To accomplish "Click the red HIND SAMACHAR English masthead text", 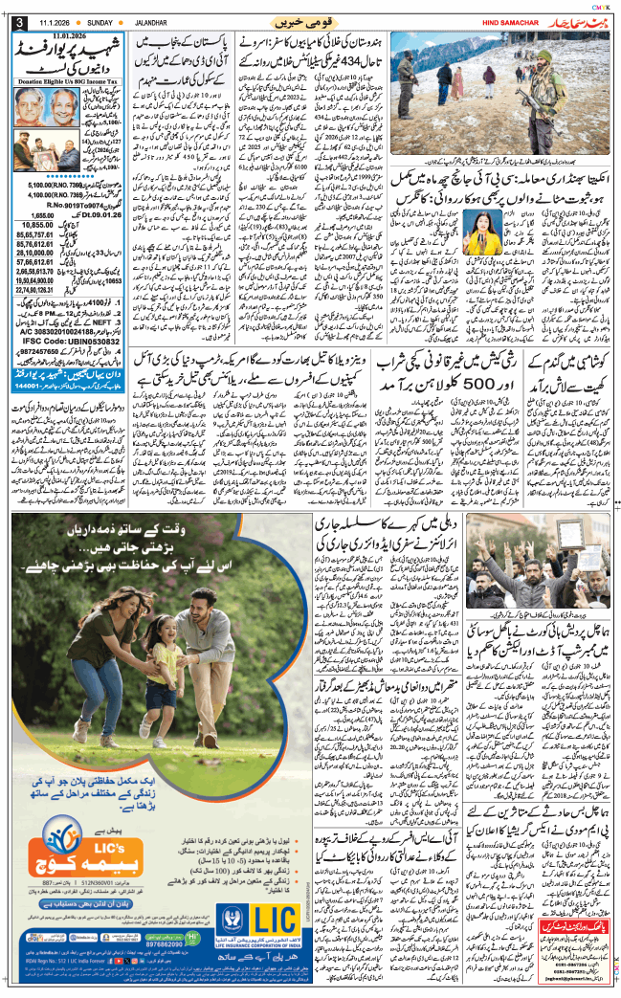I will [x=491, y=21].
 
